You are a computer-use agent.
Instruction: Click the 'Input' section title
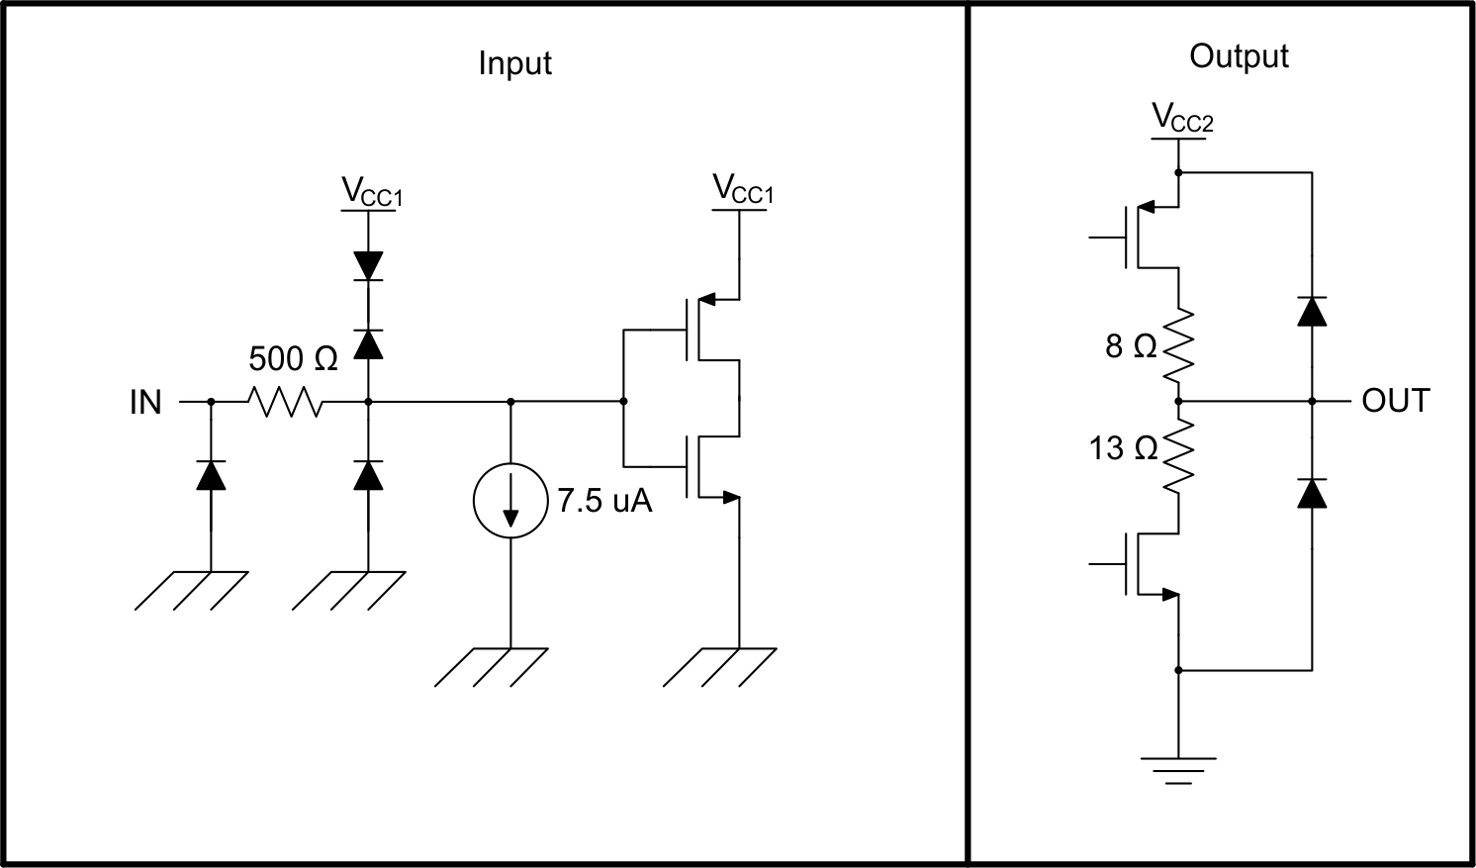[514, 63]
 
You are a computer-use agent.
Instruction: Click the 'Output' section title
[1239, 56]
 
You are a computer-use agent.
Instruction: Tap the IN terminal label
[145, 403]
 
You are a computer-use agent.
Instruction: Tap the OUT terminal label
[1395, 401]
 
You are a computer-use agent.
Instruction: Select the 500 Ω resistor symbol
[285, 402]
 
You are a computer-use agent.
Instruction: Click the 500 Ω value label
[293, 358]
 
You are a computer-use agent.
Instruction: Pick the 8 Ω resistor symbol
[1178, 346]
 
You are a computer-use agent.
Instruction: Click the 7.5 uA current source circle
[510, 501]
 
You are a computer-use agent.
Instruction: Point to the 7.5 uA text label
[604, 501]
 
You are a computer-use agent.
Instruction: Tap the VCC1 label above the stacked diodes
[372, 191]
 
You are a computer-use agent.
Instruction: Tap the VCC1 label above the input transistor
[743, 189]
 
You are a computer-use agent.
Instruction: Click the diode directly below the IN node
[211, 475]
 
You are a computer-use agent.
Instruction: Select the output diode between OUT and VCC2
[1312, 311]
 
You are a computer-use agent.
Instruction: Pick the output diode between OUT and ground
[1312, 493]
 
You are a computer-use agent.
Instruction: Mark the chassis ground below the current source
[492, 667]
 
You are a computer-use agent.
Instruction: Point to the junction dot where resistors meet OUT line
[1178, 401]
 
